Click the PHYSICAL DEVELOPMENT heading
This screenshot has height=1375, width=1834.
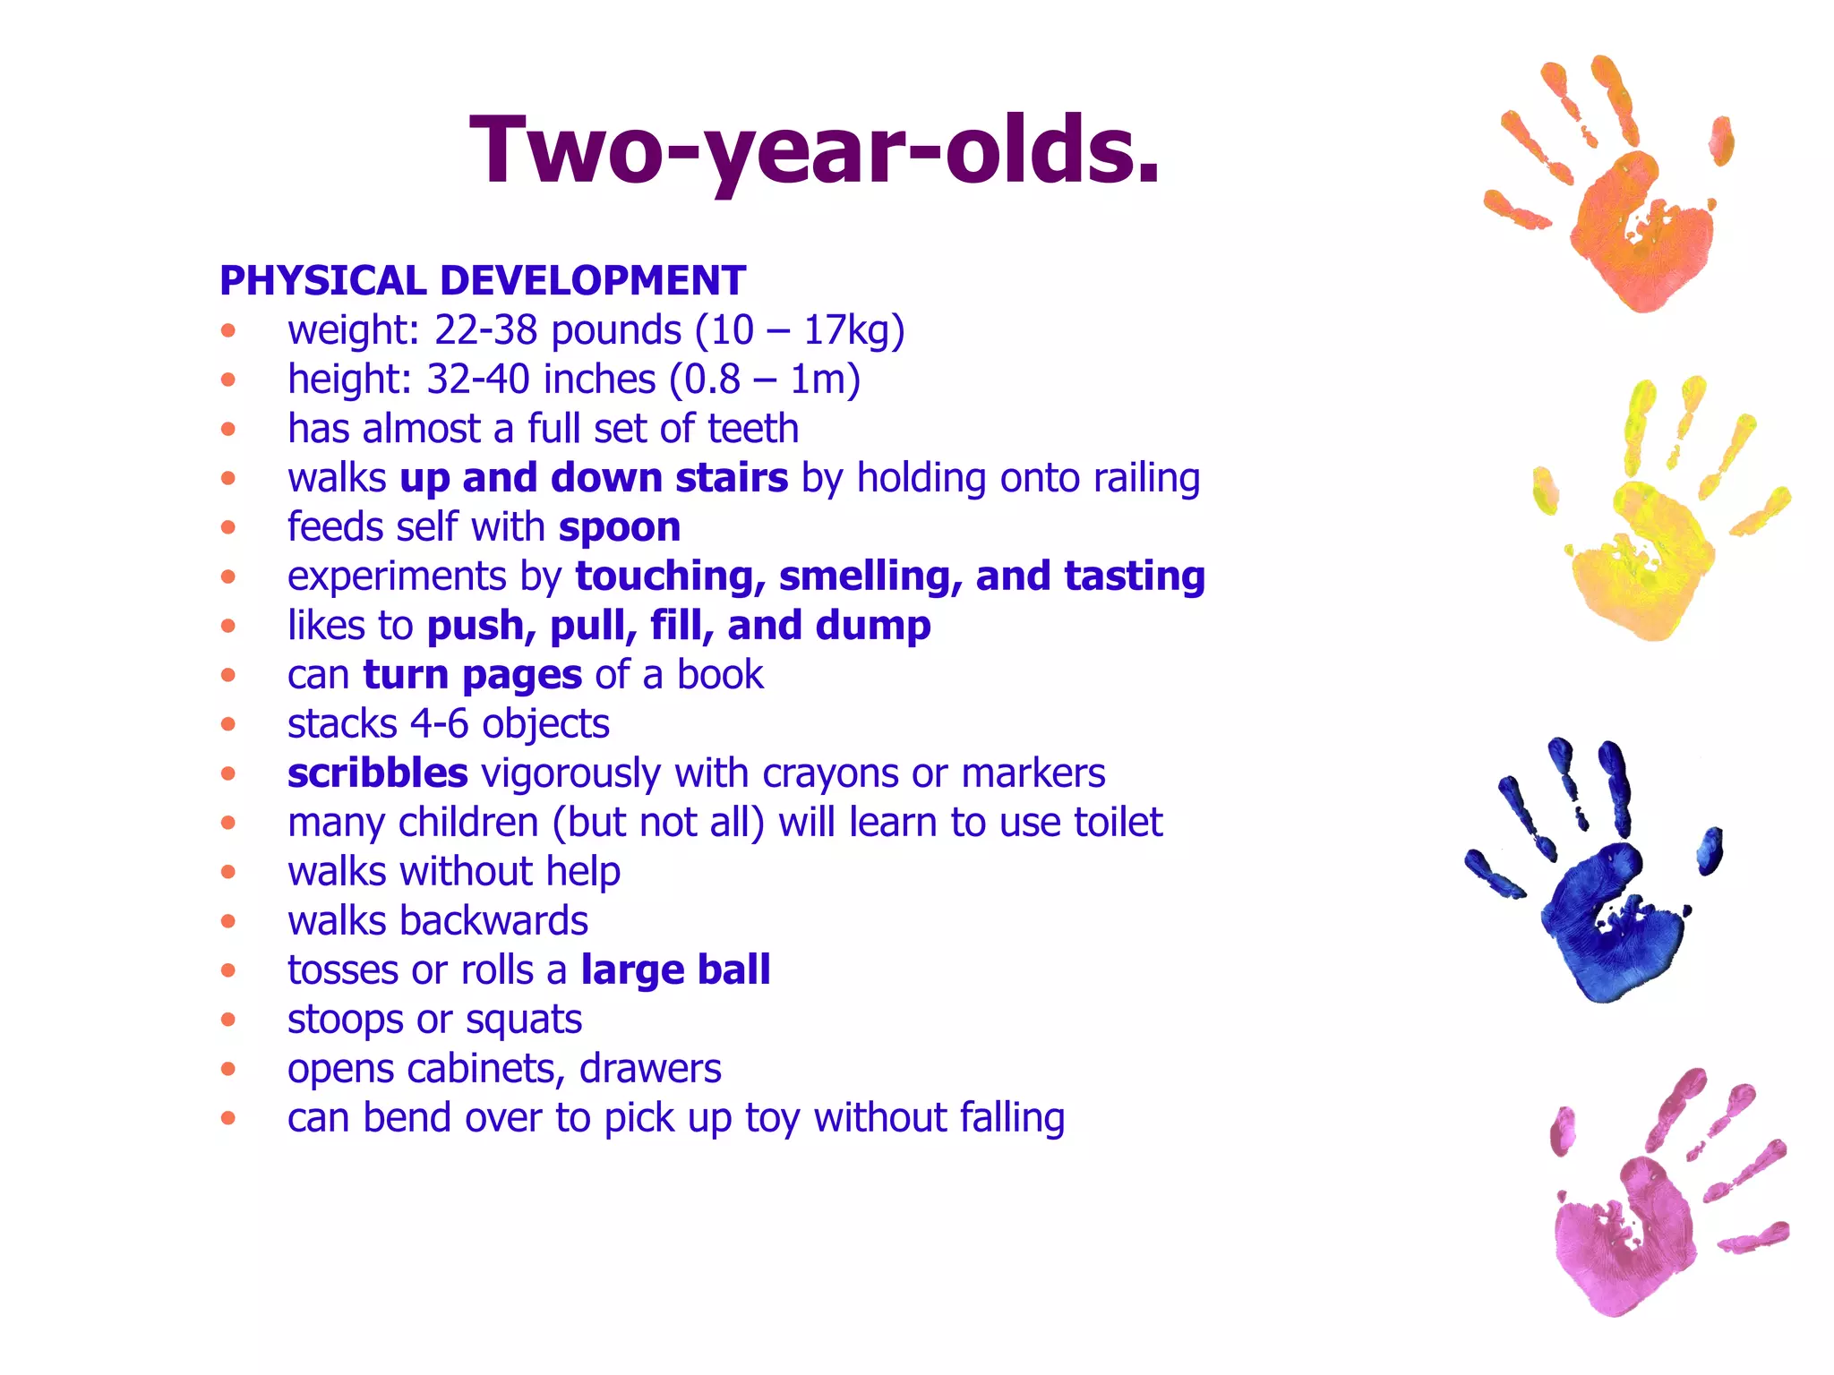[x=483, y=281]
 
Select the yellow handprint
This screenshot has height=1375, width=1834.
[x=1648, y=537]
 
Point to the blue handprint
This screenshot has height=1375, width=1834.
[x=1603, y=895]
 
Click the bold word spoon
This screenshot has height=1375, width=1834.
[x=620, y=527]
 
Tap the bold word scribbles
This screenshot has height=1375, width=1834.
[x=377, y=773]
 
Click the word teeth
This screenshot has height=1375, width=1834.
[x=752, y=429]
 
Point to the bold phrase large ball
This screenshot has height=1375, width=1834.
[x=675, y=970]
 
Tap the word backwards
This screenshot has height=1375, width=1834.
[x=493, y=921]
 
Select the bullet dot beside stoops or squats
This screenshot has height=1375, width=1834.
[x=228, y=1020]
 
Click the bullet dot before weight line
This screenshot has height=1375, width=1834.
[x=228, y=330]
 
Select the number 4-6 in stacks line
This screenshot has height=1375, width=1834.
[x=439, y=724]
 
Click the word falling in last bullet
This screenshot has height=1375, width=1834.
[x=1012, y=1118]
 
